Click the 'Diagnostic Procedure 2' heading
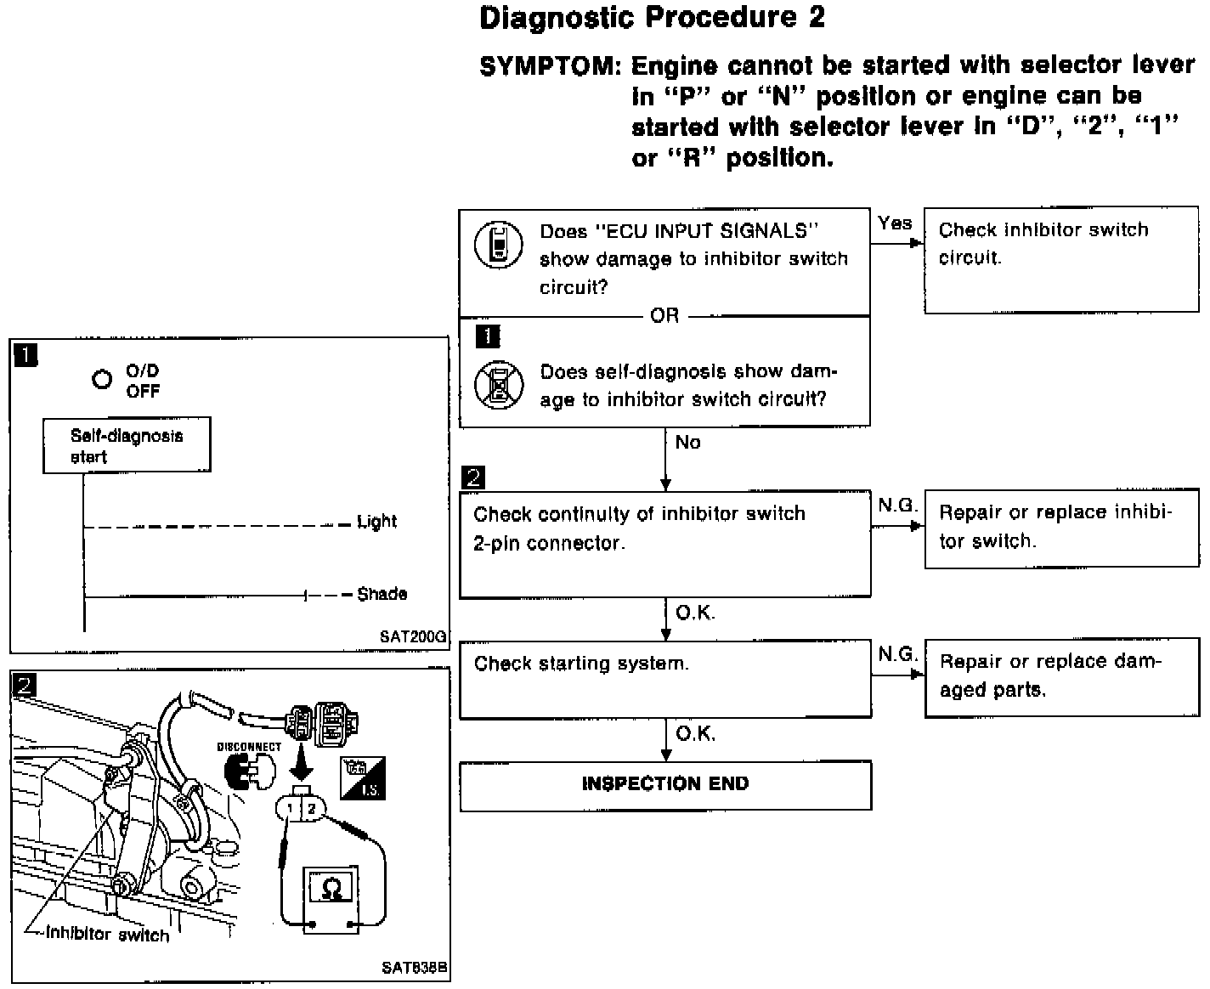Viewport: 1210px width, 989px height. coord(652,18)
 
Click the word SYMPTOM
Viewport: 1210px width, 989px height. coord(547,65)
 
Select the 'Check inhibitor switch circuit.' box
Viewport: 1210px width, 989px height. coord(1061,261)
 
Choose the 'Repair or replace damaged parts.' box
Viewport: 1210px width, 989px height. coord(1061,677)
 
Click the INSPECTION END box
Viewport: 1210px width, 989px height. coord(665,784)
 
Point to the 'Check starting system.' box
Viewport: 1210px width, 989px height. coord(665,680)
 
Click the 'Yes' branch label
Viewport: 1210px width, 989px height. coord(894,223)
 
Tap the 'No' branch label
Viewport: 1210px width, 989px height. coord(687,442)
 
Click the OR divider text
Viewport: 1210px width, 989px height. coord(664,316)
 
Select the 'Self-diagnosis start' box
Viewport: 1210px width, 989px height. coord(127,445)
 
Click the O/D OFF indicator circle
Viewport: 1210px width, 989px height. coord(102,380)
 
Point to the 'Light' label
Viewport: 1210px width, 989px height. coord(376,522)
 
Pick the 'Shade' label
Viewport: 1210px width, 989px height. coord(382,594)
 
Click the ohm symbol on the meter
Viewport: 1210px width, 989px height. coord(333,889)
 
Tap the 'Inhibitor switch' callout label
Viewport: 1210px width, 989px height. coord(107,934)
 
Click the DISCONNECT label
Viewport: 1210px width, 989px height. coord(249,748)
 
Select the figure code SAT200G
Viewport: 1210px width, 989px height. coord(413,635)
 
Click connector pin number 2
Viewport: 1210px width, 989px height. coord(312,809)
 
